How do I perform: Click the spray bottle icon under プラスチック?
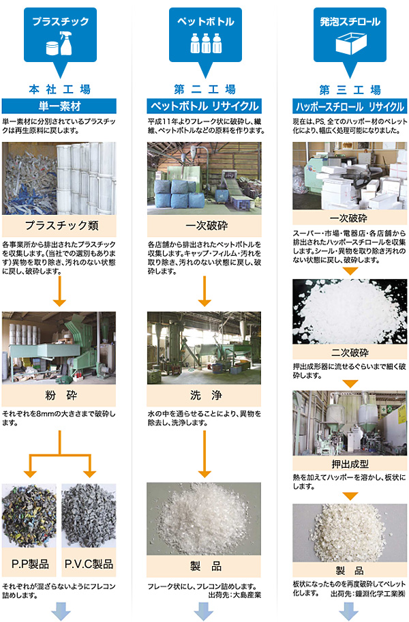[x=66, y=43]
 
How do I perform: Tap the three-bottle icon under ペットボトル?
[x=206, y=43]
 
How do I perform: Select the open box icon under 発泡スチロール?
[x=351, y=43]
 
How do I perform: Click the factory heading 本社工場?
[x=60, y=89]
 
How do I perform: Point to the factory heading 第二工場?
[x=205, y=89]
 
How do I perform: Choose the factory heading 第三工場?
[x=350, y=90]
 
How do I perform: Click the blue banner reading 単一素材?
[x=59, y=106]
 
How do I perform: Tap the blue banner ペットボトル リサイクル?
[x=204, y=106]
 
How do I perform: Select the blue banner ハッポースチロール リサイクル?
[x=350, y=106]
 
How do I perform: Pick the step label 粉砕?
[x=61, y=395]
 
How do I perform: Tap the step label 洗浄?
[x=206, y=395]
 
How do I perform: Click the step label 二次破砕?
[x=350, y=352]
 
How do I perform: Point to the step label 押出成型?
[x=350, y=464]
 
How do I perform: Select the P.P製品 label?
[x=30, y=563]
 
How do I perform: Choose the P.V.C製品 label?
[x=89, y=563]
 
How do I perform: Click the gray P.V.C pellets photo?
[x=89, y=516]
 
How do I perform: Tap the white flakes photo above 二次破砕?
[x=350, y=312]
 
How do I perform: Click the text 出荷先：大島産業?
[x=234, y=595]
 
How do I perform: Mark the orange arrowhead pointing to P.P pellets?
[x=30, y=473]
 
